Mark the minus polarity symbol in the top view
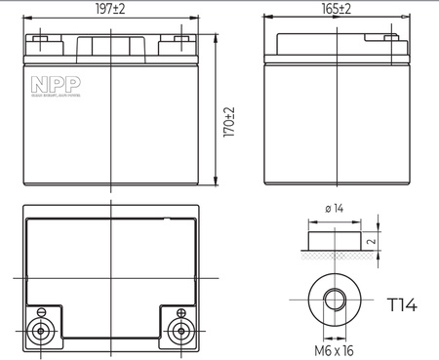[x=42, y=312]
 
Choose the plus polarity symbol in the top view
[x=180, y=312]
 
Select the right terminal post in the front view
[x=180, y=43]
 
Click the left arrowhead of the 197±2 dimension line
[x=25, y=17]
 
